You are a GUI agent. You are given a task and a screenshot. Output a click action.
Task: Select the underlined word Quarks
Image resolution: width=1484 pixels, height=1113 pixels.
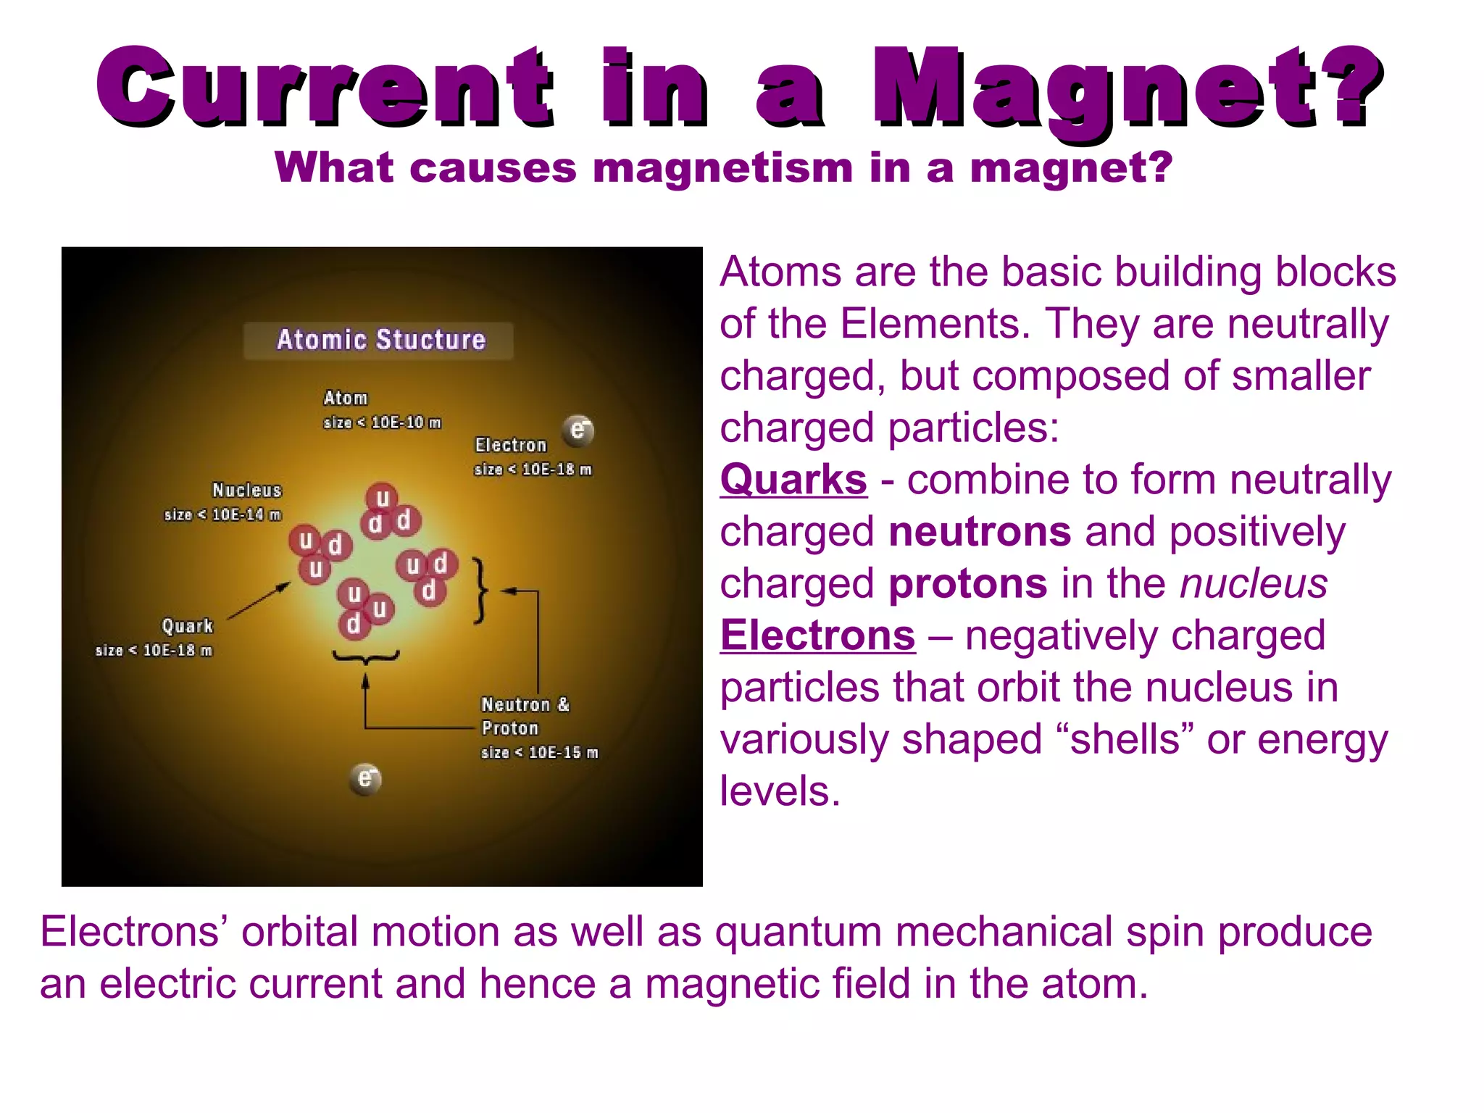[x=793, y=480]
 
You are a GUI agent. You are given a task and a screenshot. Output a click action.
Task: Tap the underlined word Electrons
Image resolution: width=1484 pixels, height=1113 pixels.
[x=817, y=635]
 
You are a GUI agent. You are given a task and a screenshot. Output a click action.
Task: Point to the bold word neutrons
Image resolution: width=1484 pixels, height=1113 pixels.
[x=980, y=532]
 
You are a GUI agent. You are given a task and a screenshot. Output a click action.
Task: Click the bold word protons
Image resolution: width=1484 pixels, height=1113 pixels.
[x=967, y=583]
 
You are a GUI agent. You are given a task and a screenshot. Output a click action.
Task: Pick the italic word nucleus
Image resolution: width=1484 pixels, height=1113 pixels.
[x=1254, y=583]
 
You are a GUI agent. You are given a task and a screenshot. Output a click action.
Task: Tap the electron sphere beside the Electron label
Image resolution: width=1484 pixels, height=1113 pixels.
[x=578, y=430]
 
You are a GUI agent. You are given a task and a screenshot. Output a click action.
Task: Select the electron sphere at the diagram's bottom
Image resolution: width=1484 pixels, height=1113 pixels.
[x=365, y=779]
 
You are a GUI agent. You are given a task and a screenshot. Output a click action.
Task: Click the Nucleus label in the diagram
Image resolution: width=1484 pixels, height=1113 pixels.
[x=246, y=491]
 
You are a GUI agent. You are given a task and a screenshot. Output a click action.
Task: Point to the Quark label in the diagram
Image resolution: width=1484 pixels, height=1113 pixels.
[x=187, y=626]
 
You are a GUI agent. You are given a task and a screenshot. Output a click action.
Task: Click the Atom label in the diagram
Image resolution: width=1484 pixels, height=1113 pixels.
[x=346, y=398]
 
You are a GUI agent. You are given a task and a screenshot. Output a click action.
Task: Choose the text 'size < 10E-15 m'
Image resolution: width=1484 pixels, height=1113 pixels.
[x=540, y=753]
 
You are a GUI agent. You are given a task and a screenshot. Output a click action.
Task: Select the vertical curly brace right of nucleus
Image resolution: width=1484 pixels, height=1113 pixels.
[x=480, y=590]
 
